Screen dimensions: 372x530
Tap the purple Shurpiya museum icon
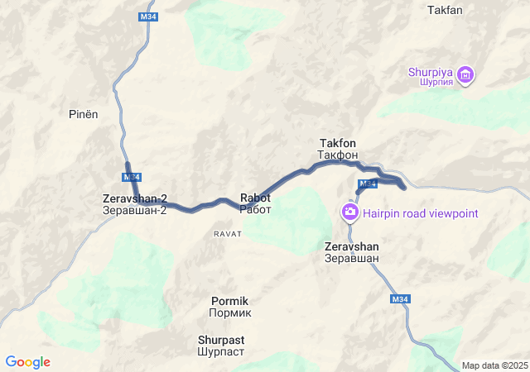click(x=465, y=76)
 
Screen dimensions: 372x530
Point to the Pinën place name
click(x=83, y=114)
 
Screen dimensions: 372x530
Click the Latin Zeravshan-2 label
click(x=135, y=198)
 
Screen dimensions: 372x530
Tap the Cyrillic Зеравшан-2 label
click(x=135, y=211)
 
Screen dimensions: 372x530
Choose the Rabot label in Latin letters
click(x=255, y=198)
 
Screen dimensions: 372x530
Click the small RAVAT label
click(x=228, y=234)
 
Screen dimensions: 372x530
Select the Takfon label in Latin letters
click(x=338, y=143)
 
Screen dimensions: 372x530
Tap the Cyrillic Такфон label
click(x=338, y=155)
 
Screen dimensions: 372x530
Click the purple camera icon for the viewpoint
click(x=349, y=213)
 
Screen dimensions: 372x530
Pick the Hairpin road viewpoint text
click(x=421, y=213)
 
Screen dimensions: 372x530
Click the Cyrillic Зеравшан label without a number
click(x=352, y=258)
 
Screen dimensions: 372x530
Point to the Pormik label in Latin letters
click(x=229, y=301)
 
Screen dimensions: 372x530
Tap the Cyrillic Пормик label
click(x=229, y=313)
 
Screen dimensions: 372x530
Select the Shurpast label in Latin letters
click(x=221, y=339)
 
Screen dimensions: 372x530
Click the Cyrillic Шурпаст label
click(x=221, y=351)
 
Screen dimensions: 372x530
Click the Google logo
click(x=28, y=362)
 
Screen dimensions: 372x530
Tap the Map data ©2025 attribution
click(x=494, y=365)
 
